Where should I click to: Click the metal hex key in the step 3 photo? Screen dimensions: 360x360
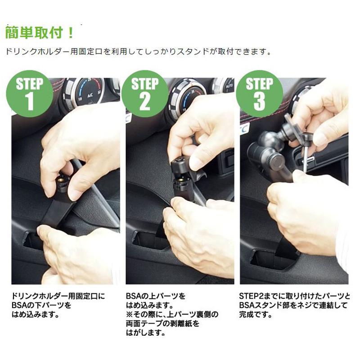click(305, 153)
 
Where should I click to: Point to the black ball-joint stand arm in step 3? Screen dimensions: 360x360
click(270, 153)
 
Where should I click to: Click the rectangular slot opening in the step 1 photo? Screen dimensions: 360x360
click(34, 241)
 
